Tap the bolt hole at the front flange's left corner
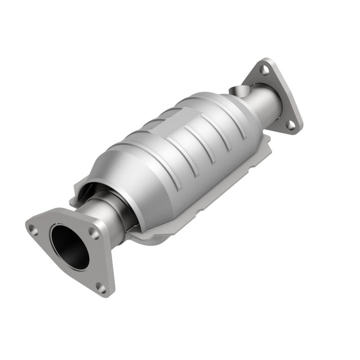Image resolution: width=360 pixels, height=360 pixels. [x=33, y=230]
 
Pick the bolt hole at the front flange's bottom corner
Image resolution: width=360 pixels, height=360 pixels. [x=101, y=287]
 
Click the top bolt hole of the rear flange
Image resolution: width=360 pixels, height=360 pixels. [x=264, y=70]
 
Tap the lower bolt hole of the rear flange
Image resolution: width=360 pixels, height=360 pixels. [x=290, y=125]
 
